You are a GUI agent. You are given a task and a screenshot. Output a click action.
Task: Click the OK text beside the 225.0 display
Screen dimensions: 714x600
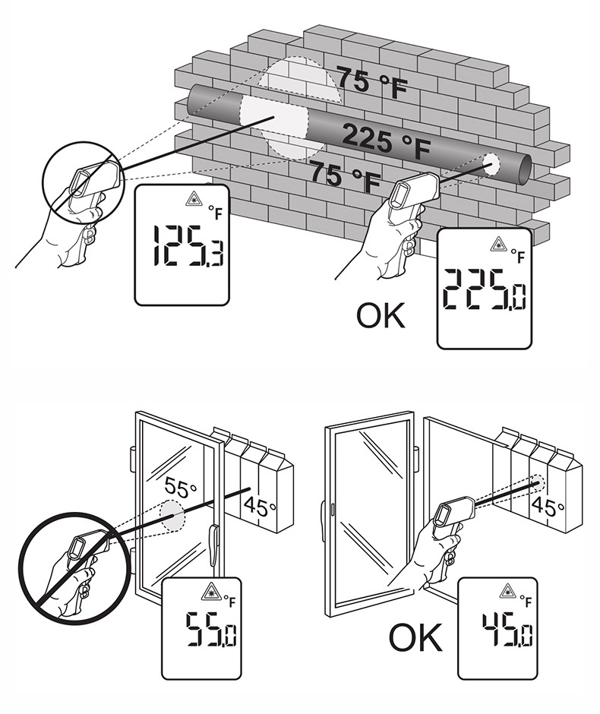(x=382, y=314)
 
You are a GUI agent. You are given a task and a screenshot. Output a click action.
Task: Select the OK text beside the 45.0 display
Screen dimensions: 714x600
(x=415, y=638)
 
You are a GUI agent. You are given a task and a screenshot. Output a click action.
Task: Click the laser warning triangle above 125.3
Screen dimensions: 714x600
(x=193, y=201)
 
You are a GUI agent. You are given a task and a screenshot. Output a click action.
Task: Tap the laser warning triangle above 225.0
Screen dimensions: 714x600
(x=498, y=245)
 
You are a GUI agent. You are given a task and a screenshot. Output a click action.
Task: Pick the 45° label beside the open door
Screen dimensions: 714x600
(x=544, y=505)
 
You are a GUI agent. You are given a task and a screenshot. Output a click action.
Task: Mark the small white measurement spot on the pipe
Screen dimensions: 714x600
(x=491, y=163)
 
